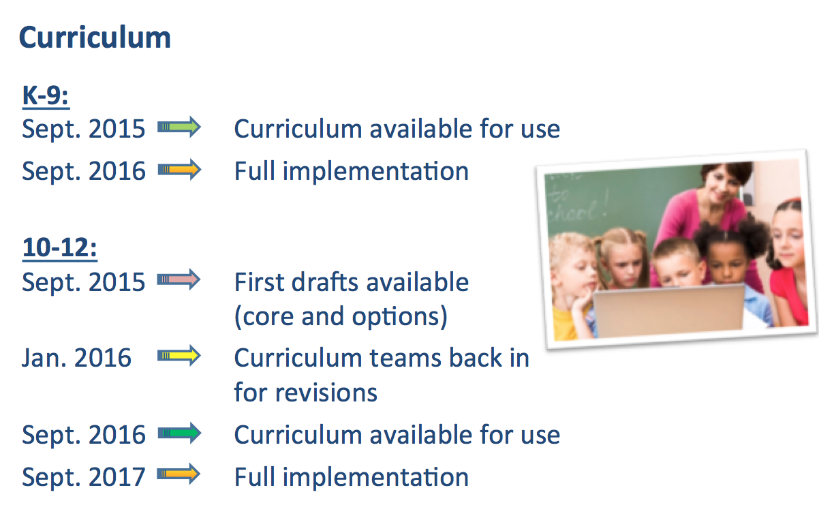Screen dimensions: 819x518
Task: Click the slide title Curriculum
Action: (95, 37)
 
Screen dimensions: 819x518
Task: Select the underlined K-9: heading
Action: (46, 96)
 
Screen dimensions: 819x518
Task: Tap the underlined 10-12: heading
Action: (59, 248)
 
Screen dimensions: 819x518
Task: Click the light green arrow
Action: (179, 127)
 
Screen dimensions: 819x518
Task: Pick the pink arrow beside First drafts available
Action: (179, 279)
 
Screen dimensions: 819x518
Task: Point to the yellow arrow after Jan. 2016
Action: (179, 356)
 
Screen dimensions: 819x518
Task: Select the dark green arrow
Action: (179, 433)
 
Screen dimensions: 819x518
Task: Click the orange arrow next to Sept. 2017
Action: (179, 474)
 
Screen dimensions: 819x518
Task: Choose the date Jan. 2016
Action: (76, 358)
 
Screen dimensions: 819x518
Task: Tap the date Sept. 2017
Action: (84, 477)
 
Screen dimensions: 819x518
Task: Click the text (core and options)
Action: (341, 317)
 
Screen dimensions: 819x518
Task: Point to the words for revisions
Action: (306, 392)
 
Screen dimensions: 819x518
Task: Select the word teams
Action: (406, 358)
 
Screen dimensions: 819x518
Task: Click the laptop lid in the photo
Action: (668, 310)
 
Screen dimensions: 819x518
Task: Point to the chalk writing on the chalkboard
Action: (573, 203)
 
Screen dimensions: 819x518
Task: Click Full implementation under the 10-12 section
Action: (352, 477)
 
